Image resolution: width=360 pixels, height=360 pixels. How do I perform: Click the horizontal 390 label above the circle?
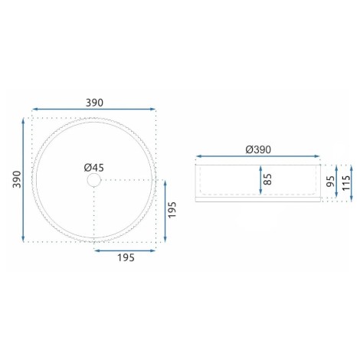coord(94,103)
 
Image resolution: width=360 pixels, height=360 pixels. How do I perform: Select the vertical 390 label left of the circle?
coord(17,179)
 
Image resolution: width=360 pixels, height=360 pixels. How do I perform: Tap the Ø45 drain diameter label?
coord(94,168)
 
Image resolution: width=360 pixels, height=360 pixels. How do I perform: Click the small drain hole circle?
coord(94,180)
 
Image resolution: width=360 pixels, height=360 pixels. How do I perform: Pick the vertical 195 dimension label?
coord(172,210)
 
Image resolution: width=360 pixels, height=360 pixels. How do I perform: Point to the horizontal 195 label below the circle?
coord(126,257)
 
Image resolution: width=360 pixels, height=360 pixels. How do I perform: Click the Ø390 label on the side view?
coord(258,149)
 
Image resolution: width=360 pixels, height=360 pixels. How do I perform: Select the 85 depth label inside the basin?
coord(267,179)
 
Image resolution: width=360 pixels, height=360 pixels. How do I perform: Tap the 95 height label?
coord(331,182)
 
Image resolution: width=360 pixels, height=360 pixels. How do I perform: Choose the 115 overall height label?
coord(346,183)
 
